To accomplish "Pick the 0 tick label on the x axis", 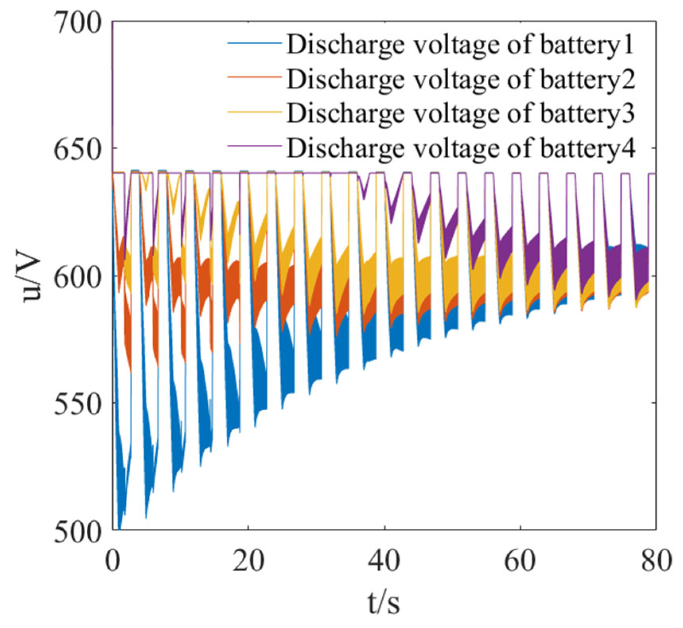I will coord(113,560).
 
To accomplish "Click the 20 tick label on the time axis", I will coord(248,560).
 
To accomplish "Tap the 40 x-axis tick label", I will coord(383,560).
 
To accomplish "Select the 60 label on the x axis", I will coord(520,560).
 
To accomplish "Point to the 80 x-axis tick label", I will coord(655,560).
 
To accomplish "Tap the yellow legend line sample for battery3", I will coord(254,112).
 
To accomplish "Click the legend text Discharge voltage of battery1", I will coord(460,45).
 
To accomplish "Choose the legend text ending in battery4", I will coord(461,148).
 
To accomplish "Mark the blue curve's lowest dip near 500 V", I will coord(119,527).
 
